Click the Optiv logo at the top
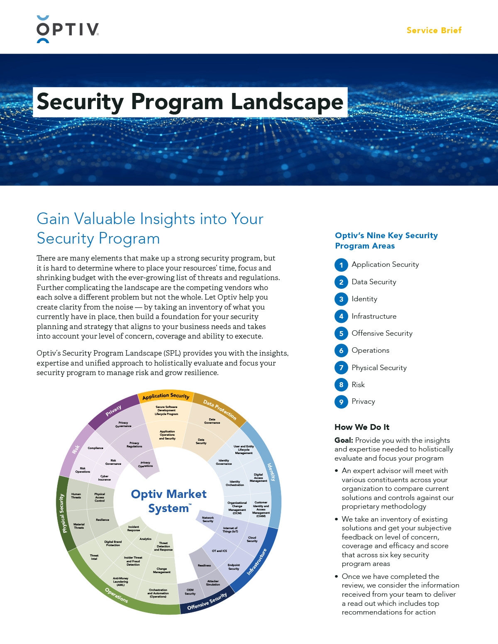[x=68, y=29]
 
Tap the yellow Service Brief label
[x=434, y=30]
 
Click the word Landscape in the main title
[x=287, y=102]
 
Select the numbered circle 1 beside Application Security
[x=341, y=265]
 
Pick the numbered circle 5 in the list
[x=341, y=333]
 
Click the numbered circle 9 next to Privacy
[x=341, y=402]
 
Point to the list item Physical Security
[x=379, y=368]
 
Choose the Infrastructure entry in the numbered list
[x=374, y=316]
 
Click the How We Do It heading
[x=362, y=427]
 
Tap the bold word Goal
[x=344, y=440]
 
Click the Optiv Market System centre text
[x=168, y=501]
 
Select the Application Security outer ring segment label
[x=166, y=396]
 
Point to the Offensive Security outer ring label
[x=207, y=602]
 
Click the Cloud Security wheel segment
[x=252, y=539]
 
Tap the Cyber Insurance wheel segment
[x=104, y=478]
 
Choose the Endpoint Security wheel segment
[x=234, y=566]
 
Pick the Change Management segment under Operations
[x=161, y=570]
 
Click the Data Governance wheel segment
[x=212, y=421]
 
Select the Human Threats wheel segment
[x=76, y=495]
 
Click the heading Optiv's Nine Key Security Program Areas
[x=386, y=241]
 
